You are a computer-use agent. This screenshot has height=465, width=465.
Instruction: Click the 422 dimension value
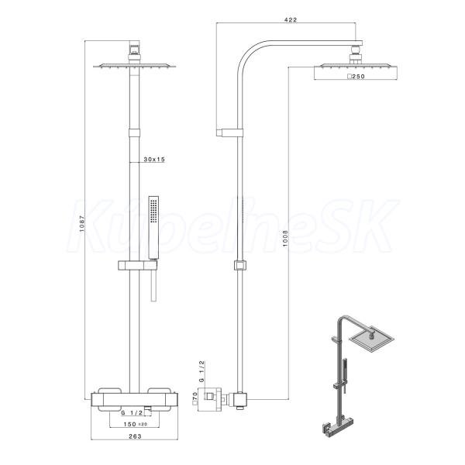point(291,19)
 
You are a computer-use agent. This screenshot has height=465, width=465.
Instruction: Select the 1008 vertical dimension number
point(285,238)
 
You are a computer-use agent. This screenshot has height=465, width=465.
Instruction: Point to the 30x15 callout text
point(154,159)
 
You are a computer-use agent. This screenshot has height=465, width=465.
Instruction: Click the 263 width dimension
point(135,436)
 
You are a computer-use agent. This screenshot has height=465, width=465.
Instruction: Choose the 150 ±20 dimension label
point(135,424)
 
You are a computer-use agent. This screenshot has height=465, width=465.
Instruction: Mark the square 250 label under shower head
point(356,76)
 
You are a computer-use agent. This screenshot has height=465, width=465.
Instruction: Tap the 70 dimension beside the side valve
point(195,398)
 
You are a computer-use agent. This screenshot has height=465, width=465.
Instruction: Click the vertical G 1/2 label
point(201,371)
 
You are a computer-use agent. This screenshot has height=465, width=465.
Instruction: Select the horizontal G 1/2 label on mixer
point(132,412)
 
